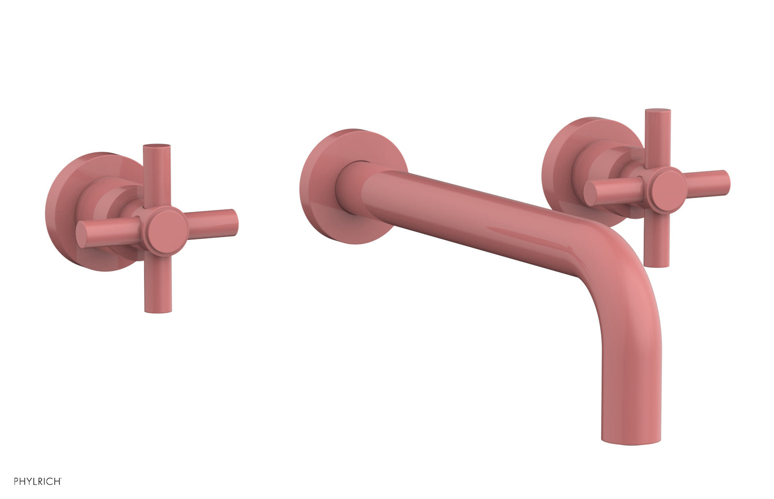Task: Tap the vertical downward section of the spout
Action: (x=631, y=367)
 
